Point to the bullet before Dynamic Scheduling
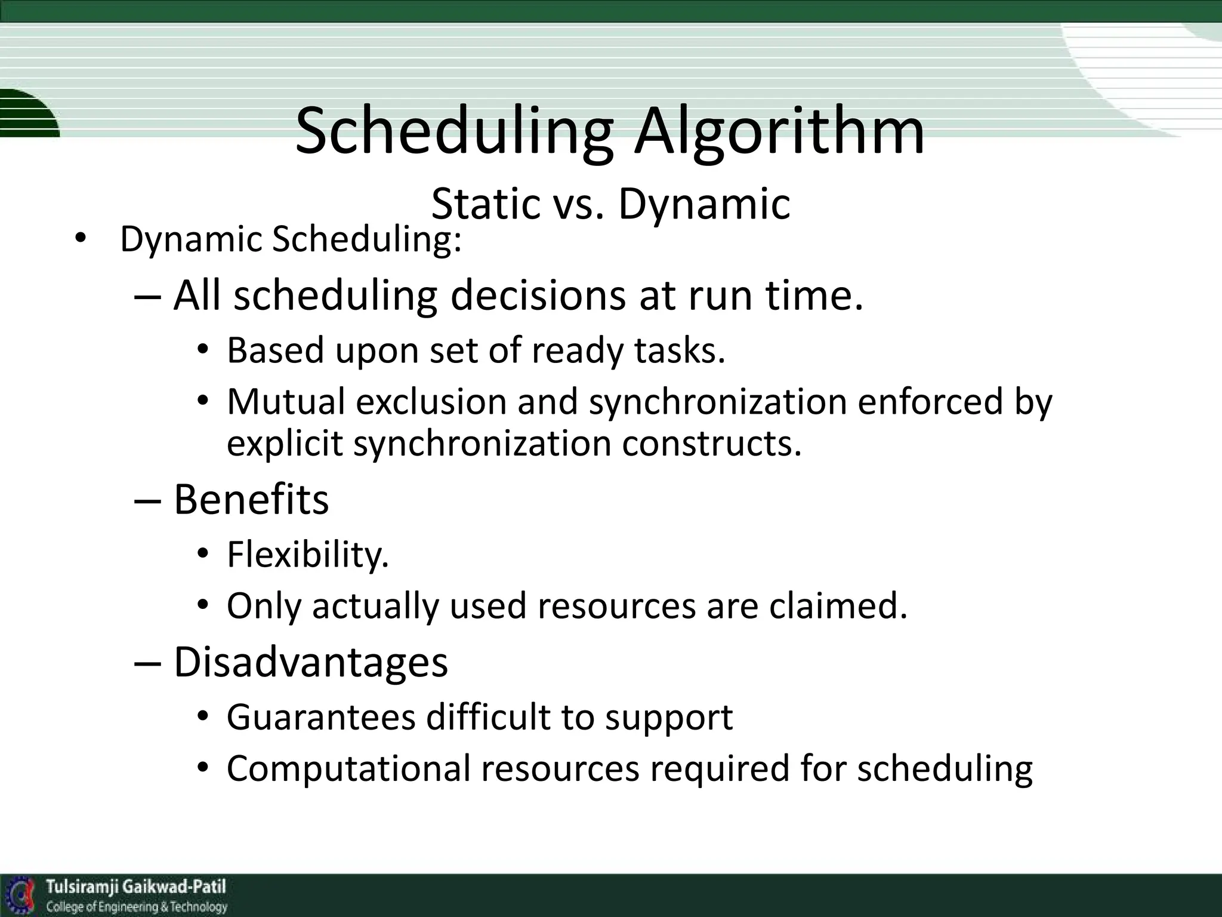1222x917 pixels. point(80,240)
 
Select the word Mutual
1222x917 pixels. point(286,401)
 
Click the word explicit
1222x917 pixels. point(285,444)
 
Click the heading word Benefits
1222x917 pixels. point(251,499)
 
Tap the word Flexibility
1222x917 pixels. point(307,555)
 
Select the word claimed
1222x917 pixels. point(838,606)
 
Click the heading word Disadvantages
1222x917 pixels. point(310,662)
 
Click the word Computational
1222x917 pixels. point(348,769)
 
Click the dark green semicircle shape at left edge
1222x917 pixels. point(27,113)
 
